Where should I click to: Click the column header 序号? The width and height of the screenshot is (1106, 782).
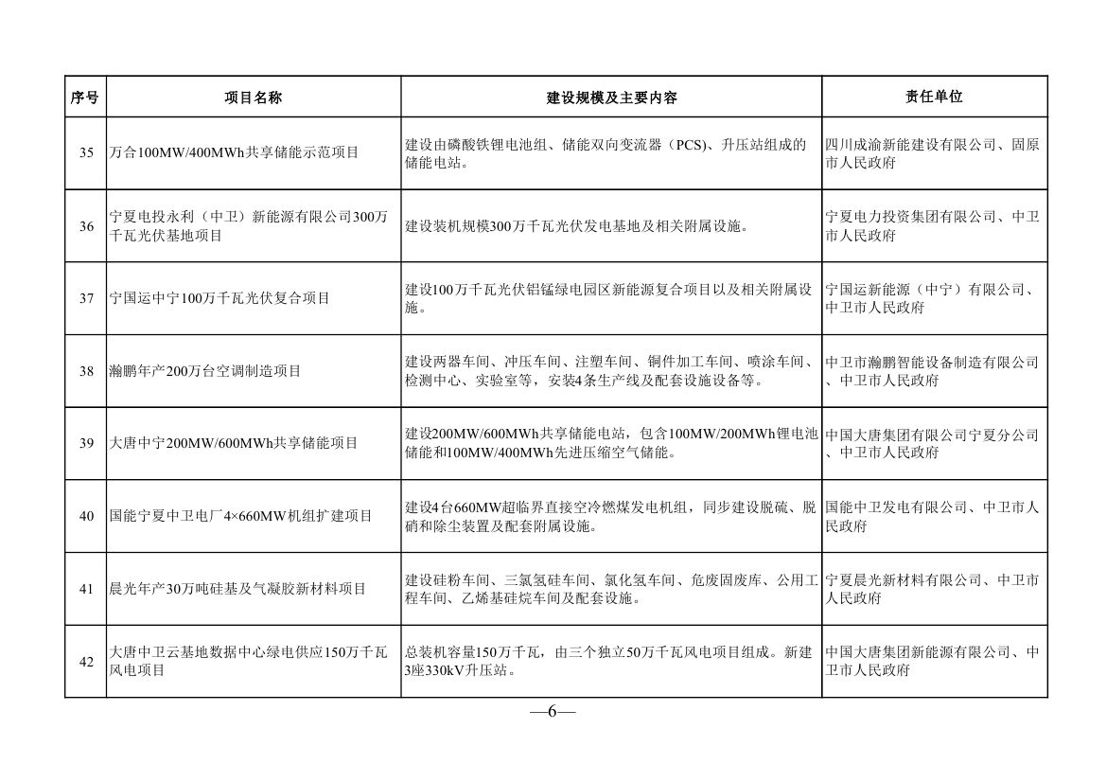click(x=85, y=97)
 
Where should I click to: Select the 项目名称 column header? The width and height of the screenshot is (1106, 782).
click(x=253, y=97)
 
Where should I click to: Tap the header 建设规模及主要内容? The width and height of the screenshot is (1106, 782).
click(x=611, y=98)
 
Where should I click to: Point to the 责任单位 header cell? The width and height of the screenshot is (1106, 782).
click(x=934, y=97)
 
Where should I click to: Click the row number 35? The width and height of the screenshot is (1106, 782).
click(x=86, y=153)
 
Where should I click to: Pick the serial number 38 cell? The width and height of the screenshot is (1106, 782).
click(x=86, y=371)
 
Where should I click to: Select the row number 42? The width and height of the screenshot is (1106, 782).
click(x=86, y=662)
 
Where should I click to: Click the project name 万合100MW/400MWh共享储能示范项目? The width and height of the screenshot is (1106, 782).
click(x=234, y=153)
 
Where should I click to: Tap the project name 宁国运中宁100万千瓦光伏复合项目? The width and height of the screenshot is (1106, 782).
click(x=219, y=298)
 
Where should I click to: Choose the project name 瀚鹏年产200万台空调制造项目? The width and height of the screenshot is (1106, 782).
click(x=205, y=371)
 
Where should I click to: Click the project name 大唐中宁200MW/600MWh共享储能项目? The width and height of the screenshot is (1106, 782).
click(x=234, y=444)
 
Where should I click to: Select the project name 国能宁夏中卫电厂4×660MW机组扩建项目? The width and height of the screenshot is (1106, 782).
click(x=240, y=516)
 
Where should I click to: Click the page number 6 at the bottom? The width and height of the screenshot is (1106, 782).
click(x=553, y=712)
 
